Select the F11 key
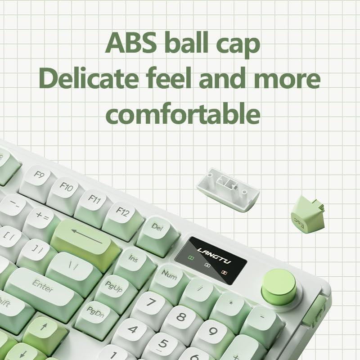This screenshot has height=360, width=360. tap(94, 200)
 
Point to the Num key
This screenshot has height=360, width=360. tap(170, 274)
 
